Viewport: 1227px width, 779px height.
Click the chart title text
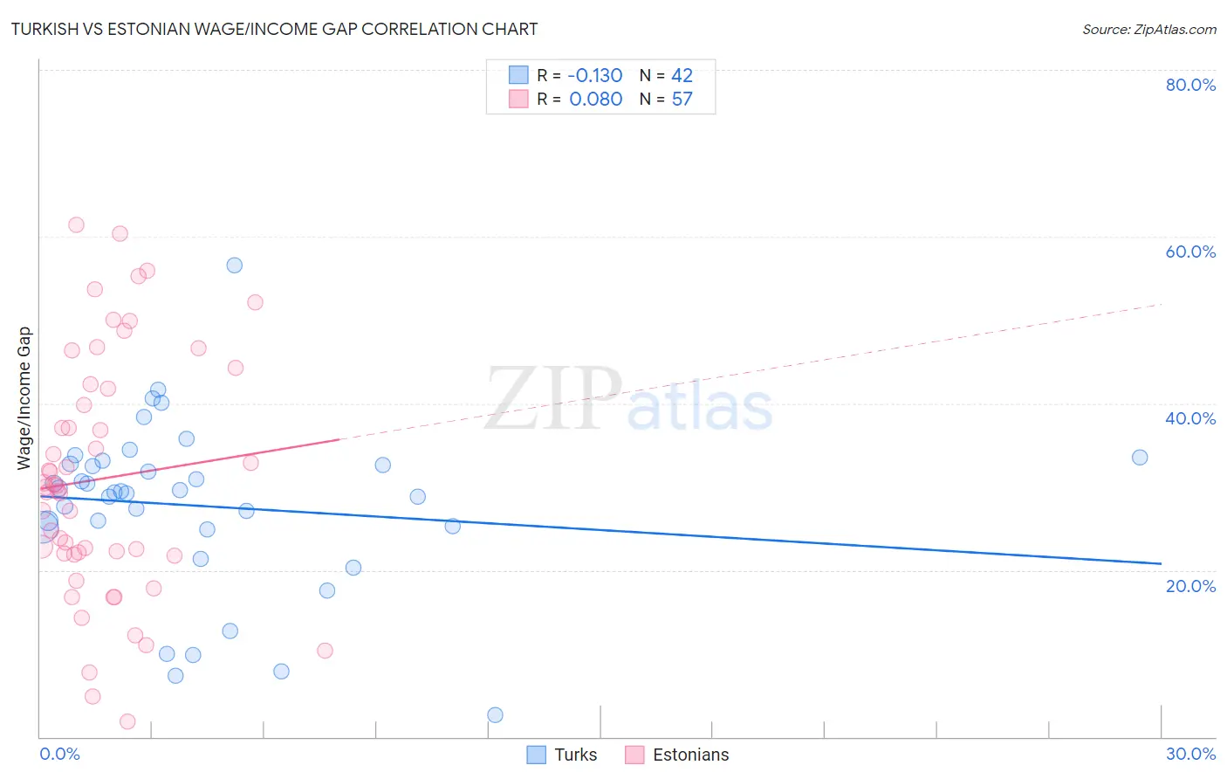click(x=274, y=29)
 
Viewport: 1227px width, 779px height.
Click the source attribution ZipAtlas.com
click(x=1148, y=29)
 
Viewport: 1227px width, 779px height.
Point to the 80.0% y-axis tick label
click(x=1190, y=85)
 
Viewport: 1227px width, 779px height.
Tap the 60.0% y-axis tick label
click(x=1190, y=252)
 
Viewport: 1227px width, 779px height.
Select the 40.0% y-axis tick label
click(x=1190, y=418)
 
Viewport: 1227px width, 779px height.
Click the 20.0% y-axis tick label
click(x=1190, y=586)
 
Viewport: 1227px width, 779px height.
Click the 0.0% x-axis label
click(x=59, y=754)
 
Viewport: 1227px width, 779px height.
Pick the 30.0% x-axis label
click(x=1190, y=754)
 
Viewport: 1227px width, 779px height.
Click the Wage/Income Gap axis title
click(x=24, y=398)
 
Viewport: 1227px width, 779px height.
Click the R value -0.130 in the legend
click(x=594, y=76)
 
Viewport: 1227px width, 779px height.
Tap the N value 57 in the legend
click(x=682, y=100)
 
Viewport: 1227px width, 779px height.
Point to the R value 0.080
click(x=596, y=100)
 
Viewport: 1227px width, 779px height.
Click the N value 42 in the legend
click(x=682, y=76)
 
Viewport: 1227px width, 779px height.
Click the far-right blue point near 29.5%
click(x=1140, y=458)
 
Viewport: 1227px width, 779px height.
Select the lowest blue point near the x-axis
click(x=495, y=715)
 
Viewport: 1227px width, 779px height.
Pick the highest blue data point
click(x=235, y=265)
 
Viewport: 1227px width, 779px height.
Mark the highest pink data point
click(x=76, y=224)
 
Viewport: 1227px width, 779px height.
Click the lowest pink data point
click(x=127, y=721)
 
